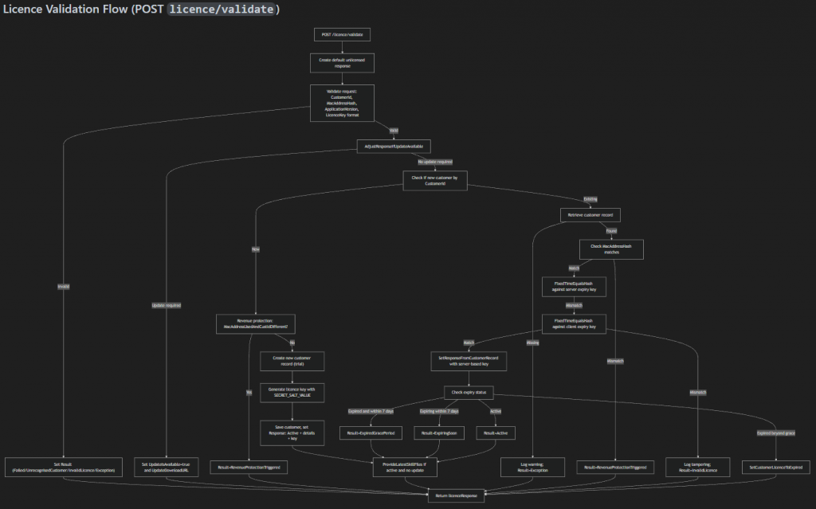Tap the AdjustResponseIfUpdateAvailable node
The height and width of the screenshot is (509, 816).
[x=394, y=146]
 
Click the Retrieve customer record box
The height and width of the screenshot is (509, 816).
[x=590, y=215]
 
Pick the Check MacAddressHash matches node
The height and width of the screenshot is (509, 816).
[x=610, y=250]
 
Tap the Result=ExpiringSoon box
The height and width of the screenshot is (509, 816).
[x=439, y=432]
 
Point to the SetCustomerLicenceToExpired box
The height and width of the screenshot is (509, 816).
[x=776, y=467]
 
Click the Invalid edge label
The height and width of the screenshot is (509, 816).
[x=63, y=287]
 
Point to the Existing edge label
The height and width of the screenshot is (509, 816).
[x=590, y=199]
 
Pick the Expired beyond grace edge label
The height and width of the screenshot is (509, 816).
[x=775, y=433]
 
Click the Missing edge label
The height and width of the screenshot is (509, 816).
[x=532, y=343]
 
